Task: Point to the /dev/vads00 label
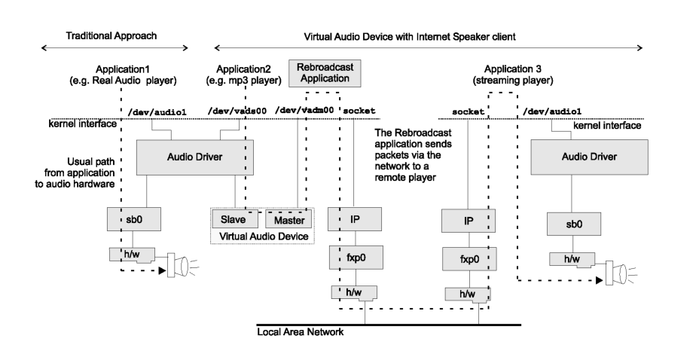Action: point(240,111)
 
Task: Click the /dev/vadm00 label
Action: point(306,111)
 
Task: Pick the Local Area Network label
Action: point(301,332)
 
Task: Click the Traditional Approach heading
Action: point(117,36)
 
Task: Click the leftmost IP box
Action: point(356,220)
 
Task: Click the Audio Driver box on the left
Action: point(194,156)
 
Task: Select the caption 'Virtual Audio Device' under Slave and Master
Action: point(264,236)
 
